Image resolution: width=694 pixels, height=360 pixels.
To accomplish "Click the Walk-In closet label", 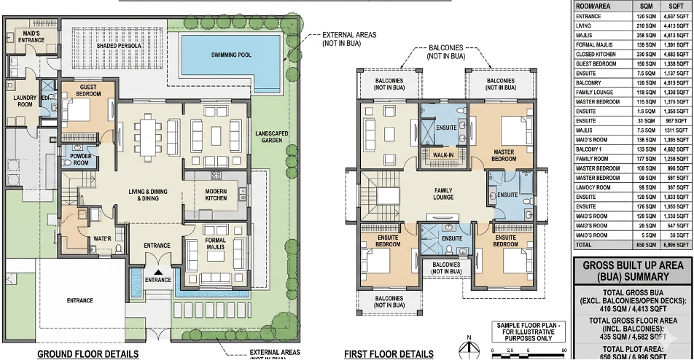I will pyautogui.click(x=444, y=154).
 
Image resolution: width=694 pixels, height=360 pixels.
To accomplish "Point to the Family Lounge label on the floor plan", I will pyautogui.click(x=443, y=194).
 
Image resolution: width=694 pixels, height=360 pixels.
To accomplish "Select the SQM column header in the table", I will pyautogui.click(x=639, y=6).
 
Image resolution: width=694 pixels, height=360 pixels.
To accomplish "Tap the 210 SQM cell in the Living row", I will pyautogui.click(x=639, y=25).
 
